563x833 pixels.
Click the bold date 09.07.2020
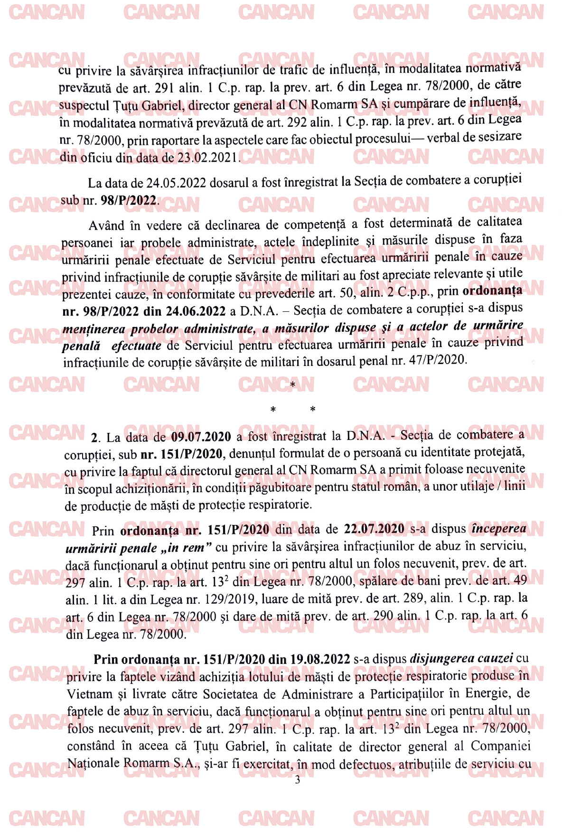pos(201,437)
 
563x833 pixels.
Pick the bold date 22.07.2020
pos(374,529)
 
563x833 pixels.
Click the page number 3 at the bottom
pos(298,780)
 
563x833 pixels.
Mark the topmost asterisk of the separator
pos(292,384)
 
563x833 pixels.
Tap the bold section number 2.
pos(94,437)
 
